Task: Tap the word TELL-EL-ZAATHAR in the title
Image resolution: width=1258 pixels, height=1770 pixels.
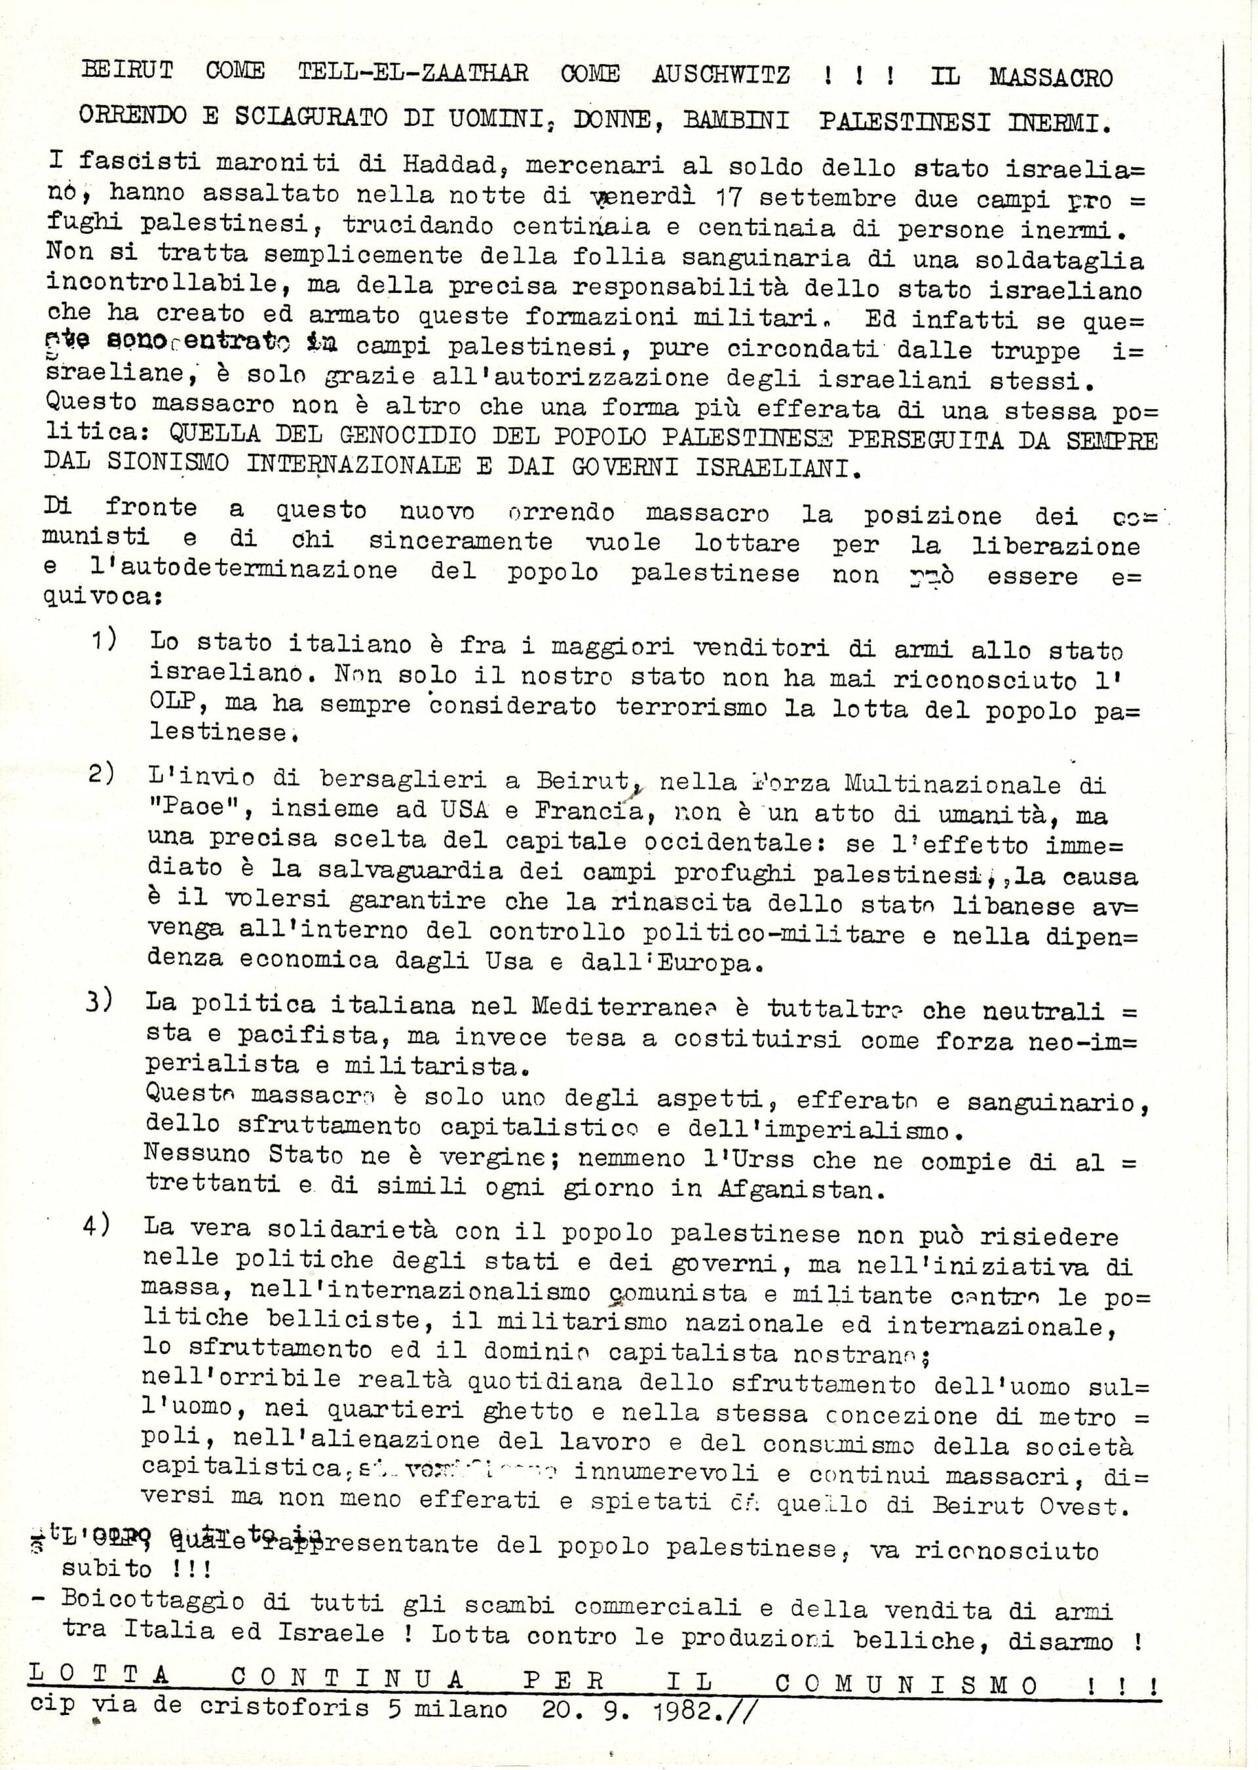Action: coord(413,73)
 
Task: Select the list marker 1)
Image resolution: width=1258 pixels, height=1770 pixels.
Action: coord(104,640)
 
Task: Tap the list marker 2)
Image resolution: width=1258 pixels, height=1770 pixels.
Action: coord(102,775)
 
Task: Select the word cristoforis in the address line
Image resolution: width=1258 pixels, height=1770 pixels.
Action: coord(284,1709)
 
